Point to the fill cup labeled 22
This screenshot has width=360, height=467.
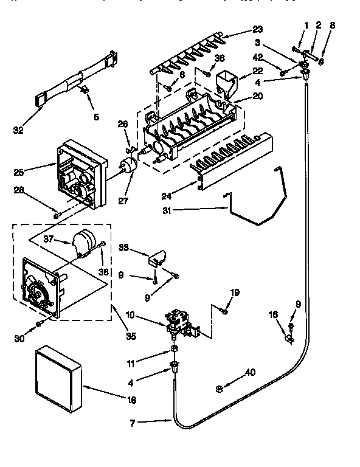[x=226, y=81]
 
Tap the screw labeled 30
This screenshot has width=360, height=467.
[x=40, y=322]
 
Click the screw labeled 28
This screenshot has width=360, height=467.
[x=56, y=213]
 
